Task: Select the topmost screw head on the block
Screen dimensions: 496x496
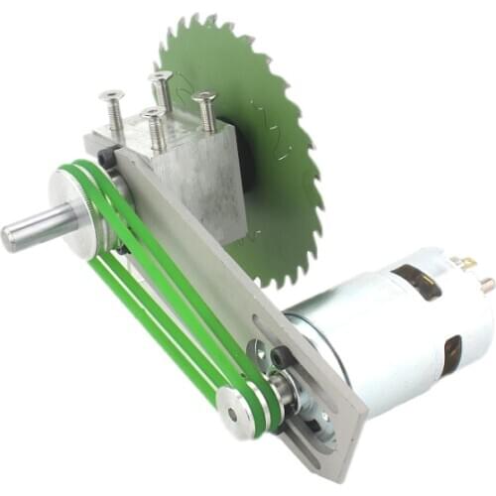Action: pos(161,76)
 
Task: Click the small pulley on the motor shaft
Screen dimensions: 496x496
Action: pos(238,408)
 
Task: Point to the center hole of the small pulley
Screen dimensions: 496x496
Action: pos(234,407)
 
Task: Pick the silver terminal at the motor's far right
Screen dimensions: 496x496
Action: pos(486,285)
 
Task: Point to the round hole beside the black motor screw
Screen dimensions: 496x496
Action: pos(259,348)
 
